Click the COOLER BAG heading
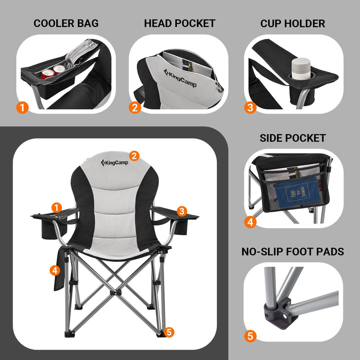[66, 23]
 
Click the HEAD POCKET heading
[180, 23]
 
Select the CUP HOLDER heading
[292, 23]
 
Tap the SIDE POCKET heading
[292, 138]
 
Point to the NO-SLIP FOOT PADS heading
[292, 252]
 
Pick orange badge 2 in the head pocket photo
[135, 108]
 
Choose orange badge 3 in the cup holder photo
[250, 108]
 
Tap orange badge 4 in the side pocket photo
[251, 222]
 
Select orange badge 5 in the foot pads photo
[251, 336]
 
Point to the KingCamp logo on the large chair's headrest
[115, 162]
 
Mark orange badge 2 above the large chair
[134, 156]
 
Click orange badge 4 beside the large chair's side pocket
[54, 270]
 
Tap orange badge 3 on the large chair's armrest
[182, 211]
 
